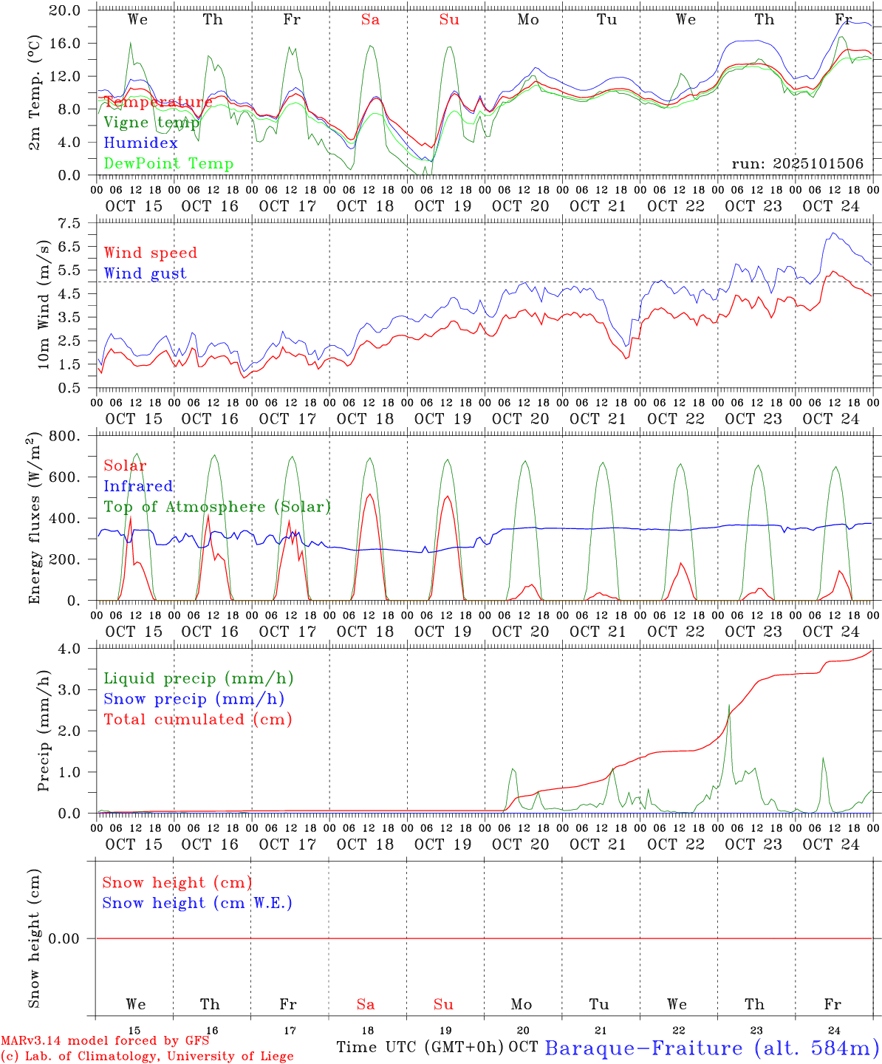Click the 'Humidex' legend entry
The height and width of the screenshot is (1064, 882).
click(140, 143)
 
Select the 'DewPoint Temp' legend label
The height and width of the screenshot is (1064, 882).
click(168, 164)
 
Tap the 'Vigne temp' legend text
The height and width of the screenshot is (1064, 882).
click(151, 123)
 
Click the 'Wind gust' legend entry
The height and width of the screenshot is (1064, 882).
click(145, 273)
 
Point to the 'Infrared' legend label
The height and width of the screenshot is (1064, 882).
click(138, 486)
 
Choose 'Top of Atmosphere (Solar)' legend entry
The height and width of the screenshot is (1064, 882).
click(217, 507)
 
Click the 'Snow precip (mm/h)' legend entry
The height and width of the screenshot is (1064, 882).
click(194, 699)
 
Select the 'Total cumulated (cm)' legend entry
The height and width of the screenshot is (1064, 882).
click(197, 720)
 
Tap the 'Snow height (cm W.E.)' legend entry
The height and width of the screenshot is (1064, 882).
click(197, 903)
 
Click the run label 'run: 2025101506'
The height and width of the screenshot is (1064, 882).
click(797, 164)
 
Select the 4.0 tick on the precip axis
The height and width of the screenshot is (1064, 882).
click(77, 649)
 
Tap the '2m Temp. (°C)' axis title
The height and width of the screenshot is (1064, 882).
click(35, 92)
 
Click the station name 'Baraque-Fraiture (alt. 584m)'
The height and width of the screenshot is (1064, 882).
click(711, 1048)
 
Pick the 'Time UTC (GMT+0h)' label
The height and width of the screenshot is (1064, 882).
click(420, 1047)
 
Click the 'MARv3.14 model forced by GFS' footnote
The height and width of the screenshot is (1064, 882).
click(105, 1041)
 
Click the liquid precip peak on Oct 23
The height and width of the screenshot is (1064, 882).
click(730, 705)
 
